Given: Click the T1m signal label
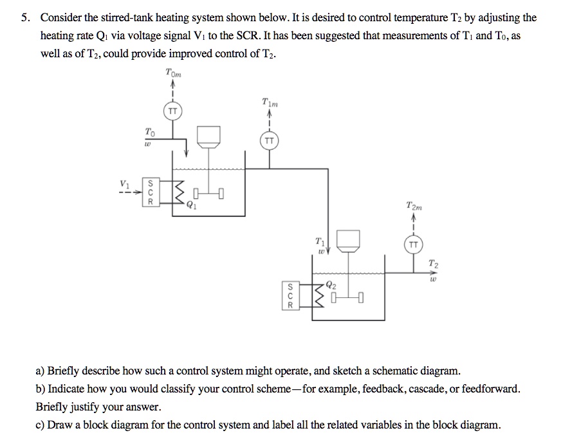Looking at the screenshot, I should tap(270, 102).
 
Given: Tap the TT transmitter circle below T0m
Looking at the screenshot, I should tap(172, 111).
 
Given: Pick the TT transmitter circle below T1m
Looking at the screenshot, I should tap(269, 140).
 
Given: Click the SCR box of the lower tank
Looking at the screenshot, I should tap(290, 295).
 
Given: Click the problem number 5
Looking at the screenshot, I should tap(24, 18).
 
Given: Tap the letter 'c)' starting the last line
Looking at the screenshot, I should tap(41, 425).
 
